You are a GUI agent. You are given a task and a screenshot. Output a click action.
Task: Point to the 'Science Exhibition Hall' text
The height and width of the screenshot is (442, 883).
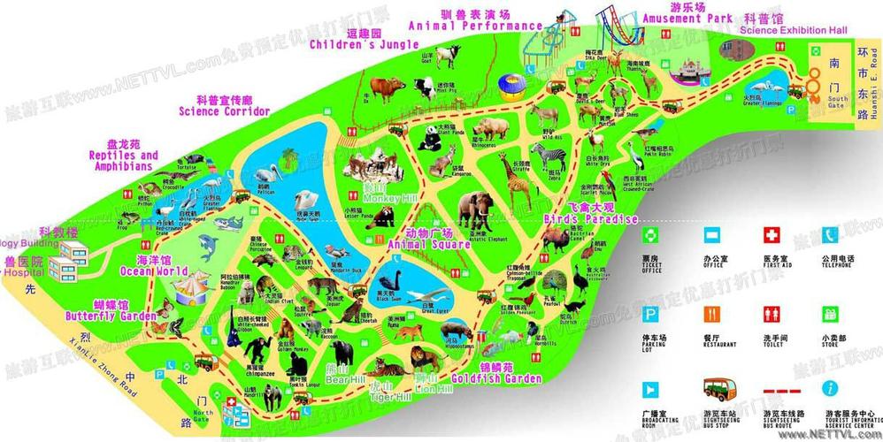tap(793, 30)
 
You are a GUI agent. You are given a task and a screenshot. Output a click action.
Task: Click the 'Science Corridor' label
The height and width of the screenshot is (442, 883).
tap(224, 111)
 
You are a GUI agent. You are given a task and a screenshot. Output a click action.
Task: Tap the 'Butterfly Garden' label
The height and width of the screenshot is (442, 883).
tap(110, 314)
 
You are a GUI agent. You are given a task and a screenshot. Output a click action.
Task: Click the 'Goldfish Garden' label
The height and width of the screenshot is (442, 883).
tap(496, 378)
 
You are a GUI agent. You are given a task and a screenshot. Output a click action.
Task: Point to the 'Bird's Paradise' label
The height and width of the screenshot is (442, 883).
tap(588, 218)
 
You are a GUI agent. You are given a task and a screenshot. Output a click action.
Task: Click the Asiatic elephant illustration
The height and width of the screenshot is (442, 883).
tap(477, 212)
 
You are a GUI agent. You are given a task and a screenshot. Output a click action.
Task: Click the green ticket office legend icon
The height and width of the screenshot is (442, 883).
tap(650, 235)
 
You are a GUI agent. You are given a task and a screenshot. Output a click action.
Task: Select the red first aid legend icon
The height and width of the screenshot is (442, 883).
tap(772, 236)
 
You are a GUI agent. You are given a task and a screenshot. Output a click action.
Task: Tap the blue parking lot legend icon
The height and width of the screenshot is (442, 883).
tap(650, 314)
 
